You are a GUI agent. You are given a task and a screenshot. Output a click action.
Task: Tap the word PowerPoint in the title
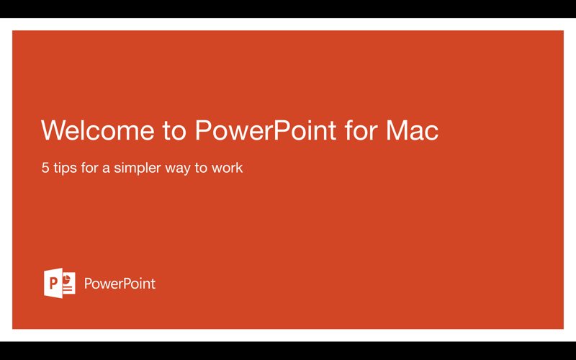[265, 131]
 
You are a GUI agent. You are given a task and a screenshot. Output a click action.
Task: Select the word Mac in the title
[412, 131]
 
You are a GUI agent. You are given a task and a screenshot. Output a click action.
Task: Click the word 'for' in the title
[361, 131]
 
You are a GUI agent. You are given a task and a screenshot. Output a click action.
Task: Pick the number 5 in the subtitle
[45, 168]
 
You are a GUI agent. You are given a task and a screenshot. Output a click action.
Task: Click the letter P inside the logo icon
[53, 283]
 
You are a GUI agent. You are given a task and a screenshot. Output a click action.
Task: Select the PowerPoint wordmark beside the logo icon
[120, 284]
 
